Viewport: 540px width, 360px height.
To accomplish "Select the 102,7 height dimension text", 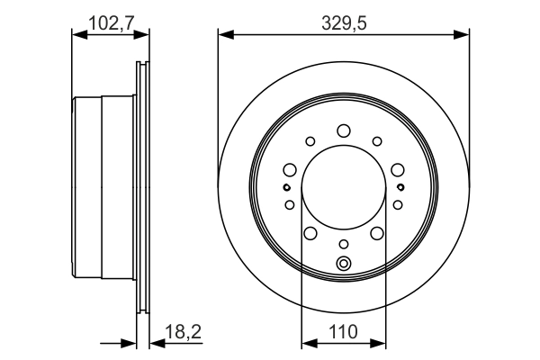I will tap(109, 22).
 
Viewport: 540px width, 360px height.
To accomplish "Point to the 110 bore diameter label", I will tap(343, 331).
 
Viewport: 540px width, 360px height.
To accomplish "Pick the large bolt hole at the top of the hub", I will tap(343, 131).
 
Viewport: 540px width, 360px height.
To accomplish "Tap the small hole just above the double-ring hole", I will tap(343, 244).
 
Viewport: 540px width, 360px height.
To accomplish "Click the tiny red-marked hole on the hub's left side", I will tap(286, 187).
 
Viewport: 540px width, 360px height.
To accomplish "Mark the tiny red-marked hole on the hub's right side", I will tap(400, 187).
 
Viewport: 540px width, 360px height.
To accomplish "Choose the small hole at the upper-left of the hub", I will tap(310, 140).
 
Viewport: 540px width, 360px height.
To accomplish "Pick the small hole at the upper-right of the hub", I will tap(376, 140).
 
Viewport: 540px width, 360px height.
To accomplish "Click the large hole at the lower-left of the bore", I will tap(310, 234).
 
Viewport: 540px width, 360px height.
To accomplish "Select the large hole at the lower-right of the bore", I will tap(376, 234).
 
